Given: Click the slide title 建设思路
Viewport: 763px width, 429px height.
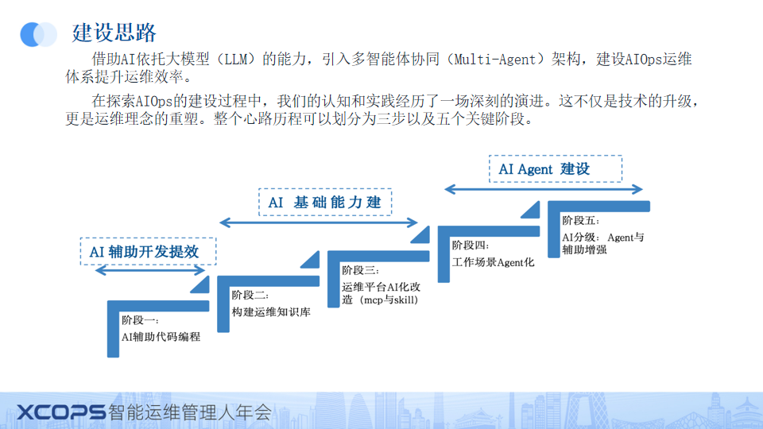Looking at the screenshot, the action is click(x=114, y=33).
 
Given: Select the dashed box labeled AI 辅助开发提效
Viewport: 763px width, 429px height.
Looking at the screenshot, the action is click(x=148, y=252).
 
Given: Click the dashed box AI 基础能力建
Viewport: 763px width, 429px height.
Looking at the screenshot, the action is click(x=325, y=202).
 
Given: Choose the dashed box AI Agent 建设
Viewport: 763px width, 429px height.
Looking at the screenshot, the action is click(x=556, y=168).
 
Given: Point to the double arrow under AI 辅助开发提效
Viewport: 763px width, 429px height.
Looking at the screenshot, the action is click(x=150, y=270).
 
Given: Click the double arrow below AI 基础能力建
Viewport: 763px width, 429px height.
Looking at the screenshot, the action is click(x=319, y=222).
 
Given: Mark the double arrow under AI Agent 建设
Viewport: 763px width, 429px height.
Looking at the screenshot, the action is click(x=544, y=189).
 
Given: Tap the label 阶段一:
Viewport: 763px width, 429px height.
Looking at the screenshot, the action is click(x=140, y=320).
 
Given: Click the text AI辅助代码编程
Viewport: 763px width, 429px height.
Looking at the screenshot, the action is click(x=161, y=337).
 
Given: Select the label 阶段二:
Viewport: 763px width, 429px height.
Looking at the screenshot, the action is click(x=250, y=296).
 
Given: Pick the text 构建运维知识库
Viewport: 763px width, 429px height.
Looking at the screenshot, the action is click(x=271, y=311).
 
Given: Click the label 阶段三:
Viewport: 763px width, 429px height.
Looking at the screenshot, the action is click(x=360, y=270).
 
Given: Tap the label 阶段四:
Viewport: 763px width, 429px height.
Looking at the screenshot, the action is click(x=471, y=245).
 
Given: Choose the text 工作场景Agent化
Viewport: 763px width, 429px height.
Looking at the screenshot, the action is click(x=494, y=262).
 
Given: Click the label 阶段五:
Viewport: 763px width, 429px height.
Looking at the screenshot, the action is click(x=581, y=220).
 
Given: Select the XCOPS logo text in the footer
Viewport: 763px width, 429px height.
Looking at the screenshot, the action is click(x=61, y=412).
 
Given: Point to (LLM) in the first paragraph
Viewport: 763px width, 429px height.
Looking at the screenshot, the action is click(x=236, y=60).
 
